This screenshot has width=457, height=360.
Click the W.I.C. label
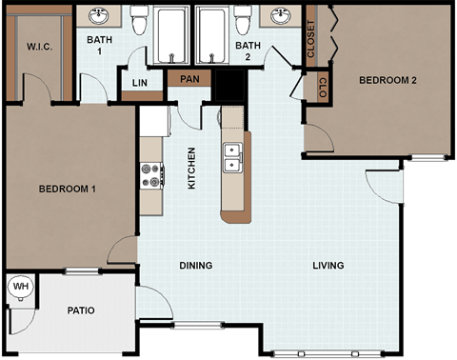[x=39, y=47]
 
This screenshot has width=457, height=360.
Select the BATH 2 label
[x=248, y=46]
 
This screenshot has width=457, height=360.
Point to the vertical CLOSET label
[x=311, y=40]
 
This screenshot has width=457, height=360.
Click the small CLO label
[x=323, y=88]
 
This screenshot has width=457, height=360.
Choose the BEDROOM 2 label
[x=387, y=80]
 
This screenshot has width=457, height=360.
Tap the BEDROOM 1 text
[x=68, y=189]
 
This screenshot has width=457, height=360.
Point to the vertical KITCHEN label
[x=192, y=167]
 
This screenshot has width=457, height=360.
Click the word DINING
[x=195, y=266]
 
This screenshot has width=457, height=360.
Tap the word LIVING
[x=328, y=266]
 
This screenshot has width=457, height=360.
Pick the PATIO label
[x=81, y=310]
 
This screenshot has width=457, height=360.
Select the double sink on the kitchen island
[x=230, y=158]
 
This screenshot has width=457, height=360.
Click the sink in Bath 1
[x=99, y=16]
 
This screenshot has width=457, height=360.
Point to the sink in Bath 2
[x=281, y=16]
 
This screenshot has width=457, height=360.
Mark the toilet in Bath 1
[x=139, y=21]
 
